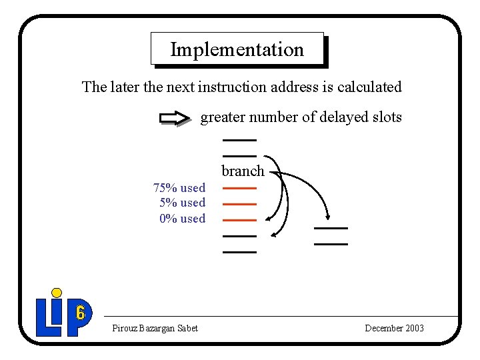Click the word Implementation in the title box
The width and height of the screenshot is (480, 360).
(x=237, y=49)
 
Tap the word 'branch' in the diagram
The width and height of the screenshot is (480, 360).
(x=243, y=171)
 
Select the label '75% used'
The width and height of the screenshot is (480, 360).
(x=179, y=188)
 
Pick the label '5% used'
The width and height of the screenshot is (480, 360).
(x=183, y=203)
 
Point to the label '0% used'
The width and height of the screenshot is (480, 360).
(x=183, y=218)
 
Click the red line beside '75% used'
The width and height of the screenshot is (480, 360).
(x=239, y=188)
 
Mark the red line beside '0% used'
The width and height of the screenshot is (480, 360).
(x=239, y=219)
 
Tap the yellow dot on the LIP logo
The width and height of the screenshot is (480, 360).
(x=57, y=293)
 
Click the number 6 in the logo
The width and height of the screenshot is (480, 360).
(x=80, y=313)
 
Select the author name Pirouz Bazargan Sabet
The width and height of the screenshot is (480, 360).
(x=155, y=328)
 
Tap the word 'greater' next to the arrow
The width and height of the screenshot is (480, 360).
(x=222, y=118)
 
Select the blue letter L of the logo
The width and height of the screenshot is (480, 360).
(x=45, y=317)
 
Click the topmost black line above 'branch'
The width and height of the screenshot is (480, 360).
(x=239, y=140)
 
